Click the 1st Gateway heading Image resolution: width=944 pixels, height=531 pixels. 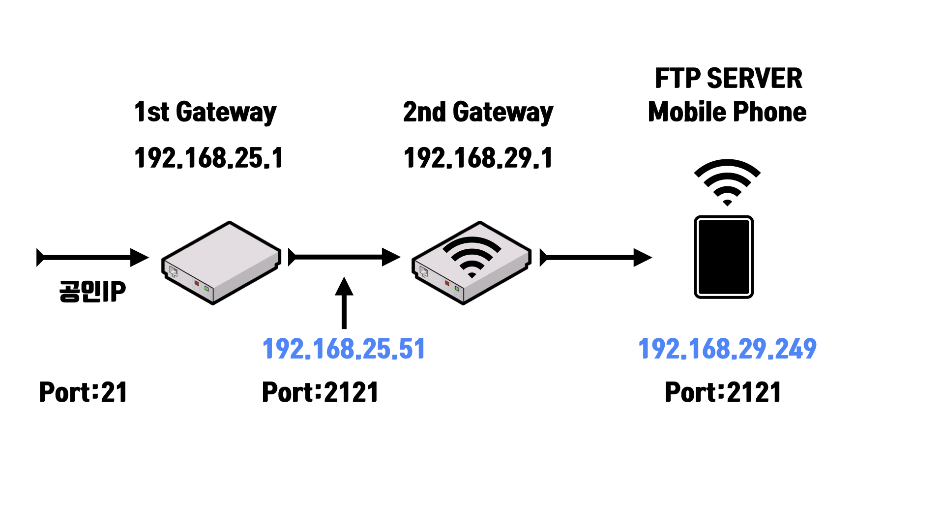tap(205, 112)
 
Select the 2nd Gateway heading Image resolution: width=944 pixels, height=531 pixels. tap(478, 112)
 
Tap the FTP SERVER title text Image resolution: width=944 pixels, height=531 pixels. tap(728, 79)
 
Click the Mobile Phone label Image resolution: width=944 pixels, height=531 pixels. tap(727, 112)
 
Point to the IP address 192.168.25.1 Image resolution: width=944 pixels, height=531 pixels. tap(208, 158)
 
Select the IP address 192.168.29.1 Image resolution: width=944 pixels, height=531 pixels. tap(478, 158)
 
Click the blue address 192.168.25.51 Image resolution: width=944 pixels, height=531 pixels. tap(344, 349)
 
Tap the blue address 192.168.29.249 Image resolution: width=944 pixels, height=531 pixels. tap(727, 349)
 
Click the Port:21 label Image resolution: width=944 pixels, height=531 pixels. tap(83, 392)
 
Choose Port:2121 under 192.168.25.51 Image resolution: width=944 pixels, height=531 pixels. tap(320, 392)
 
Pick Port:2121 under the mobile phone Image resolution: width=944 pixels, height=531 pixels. tap(723, 392)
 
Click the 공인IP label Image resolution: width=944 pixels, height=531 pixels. tap(92, 291)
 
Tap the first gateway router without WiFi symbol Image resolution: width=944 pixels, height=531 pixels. tap(221, 263)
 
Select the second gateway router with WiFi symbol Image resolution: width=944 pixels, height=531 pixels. tap(472, 263)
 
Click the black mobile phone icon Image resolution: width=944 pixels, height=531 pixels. tap(724, 257)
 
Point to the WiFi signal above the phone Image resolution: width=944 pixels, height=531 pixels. tap(727, 181)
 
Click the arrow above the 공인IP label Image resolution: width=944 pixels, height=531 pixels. tap(92, 257)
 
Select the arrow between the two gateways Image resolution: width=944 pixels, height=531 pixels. tap(344, 257)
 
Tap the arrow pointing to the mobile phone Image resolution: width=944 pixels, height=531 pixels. tap(596, 257)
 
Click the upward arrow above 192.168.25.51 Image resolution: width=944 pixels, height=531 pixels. tap(344, 302)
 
